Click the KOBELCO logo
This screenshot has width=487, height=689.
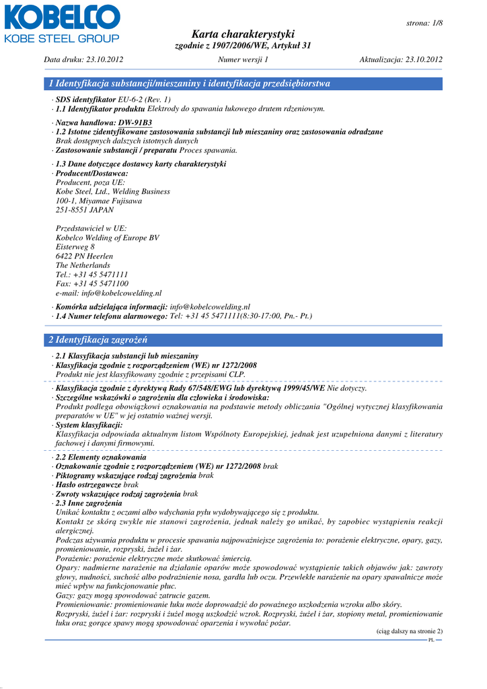[62, 16]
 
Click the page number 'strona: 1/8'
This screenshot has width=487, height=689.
[424, 23]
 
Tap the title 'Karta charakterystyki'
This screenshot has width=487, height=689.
[243, 34]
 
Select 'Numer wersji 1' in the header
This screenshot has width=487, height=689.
[243, 60]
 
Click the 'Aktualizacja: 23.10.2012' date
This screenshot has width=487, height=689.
[401, 60]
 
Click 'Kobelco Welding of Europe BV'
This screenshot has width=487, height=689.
[107, 238]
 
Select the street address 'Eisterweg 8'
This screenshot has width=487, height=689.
[75, 247]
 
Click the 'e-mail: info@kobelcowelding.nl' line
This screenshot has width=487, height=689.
[108, 293]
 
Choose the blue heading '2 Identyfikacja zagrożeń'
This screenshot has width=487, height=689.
[98, 340]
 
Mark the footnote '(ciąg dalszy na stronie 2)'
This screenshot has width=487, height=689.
[408, 631]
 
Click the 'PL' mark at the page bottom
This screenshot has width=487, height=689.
[431, 640]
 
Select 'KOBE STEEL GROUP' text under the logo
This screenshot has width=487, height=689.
[62, 38]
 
